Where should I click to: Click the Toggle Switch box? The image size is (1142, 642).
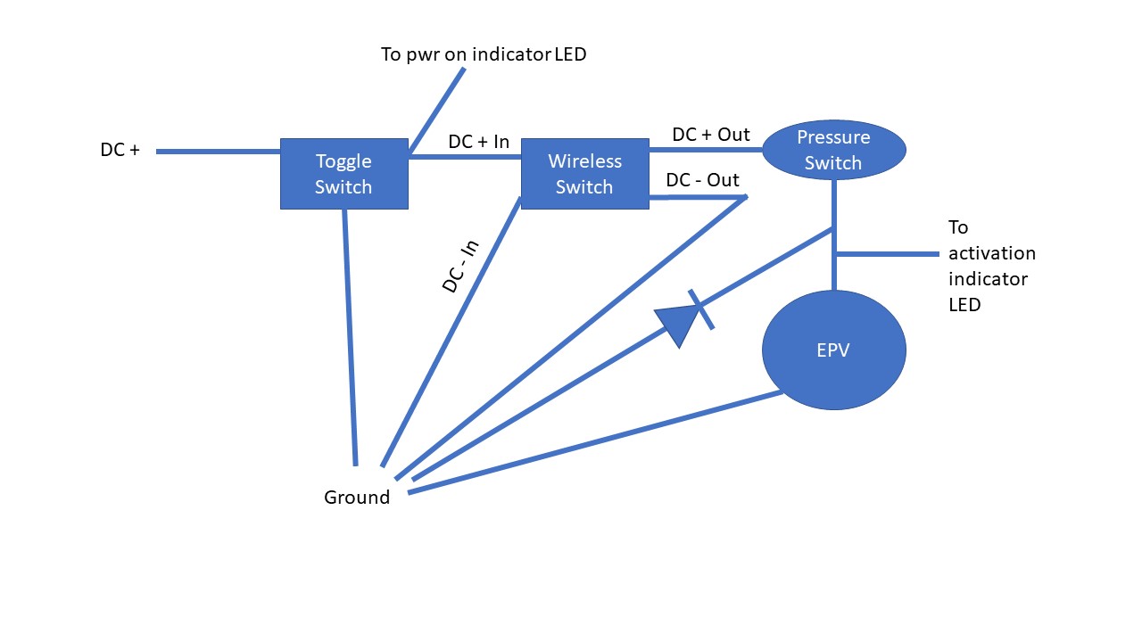(x=343, y=174)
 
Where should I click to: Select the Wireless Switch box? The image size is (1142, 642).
(x=584, y=174)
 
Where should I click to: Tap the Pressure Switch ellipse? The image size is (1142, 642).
(x=833, y=150)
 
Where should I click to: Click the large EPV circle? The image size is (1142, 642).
(x=833, y=350)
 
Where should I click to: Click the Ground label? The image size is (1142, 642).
(x=357, y=498)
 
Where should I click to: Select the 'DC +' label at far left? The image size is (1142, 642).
(x=120, y=151)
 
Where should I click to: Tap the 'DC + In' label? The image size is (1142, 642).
(x=478, y=142)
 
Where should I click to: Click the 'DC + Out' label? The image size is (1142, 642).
(x=711, y=135)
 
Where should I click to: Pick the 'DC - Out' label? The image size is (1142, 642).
(x=702, y=180)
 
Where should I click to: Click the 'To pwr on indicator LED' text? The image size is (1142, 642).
(x=484, y=54)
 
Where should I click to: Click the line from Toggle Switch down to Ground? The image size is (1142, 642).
(x=350, y=339)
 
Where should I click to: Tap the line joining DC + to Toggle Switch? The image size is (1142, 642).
(x=219, y=152)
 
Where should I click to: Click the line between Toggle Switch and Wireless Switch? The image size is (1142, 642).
(x=464, y=157)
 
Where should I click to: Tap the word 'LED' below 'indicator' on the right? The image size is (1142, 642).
(x=964, y=305)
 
